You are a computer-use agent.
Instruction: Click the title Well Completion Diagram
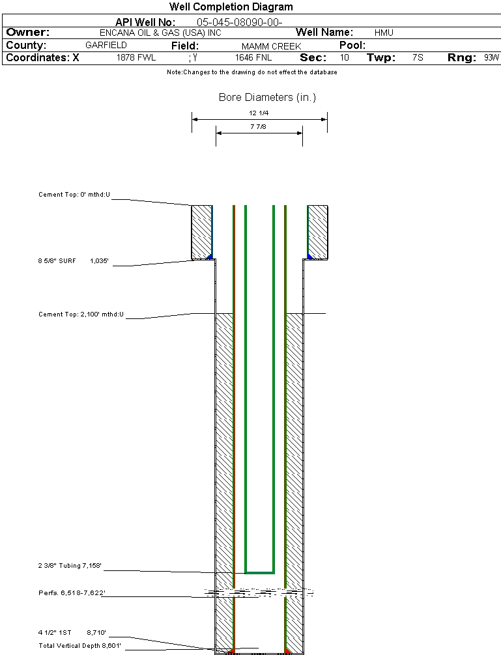[x=231, y=7]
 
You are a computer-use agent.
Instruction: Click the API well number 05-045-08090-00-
[x=239, y=22]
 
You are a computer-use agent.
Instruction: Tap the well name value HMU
[x=384, y=33]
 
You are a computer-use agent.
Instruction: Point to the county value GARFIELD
[x=106, y=46]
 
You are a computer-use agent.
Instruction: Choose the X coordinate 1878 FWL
[x=136, y=58]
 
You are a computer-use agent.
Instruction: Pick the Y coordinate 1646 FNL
[x=253, y=58]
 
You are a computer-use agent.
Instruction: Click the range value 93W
[x=491, y=58]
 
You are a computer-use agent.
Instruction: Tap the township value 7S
[x=418, y=58]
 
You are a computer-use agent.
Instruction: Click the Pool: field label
[x=352, y=46]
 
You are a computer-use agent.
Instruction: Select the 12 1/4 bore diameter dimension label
[x=259, y=113]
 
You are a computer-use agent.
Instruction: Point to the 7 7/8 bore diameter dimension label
[x=259, y=127]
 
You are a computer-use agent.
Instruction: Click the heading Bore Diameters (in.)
[x=267, y=98]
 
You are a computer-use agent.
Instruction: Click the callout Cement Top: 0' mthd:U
[x=74, y=195]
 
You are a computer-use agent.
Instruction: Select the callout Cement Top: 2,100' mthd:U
[x=81, y=314]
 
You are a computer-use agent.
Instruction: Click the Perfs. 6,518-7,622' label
[x=72, y=593]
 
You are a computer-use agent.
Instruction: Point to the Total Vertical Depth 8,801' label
[x=79, y=645]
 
